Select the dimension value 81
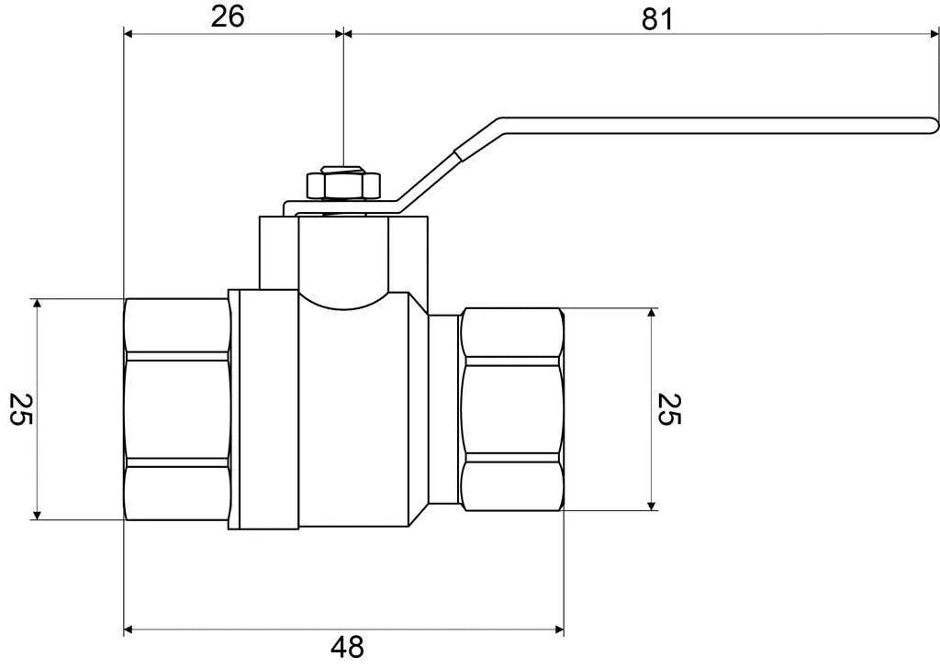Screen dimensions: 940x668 tap(657, 20)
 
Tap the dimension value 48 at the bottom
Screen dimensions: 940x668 tap(347, 647)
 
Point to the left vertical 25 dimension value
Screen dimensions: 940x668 tap(21, 409)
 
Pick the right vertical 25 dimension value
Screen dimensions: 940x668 tap(669, 409)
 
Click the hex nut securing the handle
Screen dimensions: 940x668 tap(343, 185)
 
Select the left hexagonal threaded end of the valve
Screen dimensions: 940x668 tap(176, 409)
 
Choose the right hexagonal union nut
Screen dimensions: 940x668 tap(511, 409)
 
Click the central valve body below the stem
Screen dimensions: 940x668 tap(353, 414)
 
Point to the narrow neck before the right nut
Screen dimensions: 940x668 tap(444, 409)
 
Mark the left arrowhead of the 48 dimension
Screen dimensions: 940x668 tap(129, 629)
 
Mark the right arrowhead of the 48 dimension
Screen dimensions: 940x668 tap(559, 629)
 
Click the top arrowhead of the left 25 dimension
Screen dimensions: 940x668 tap(37, 303)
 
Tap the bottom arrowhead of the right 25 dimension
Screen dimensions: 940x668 tap(653, 506)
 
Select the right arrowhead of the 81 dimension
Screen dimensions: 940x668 tap(934, 34)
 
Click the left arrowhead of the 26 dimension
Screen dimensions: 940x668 tap(129, 34)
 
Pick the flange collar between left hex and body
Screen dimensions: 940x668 tap(263, 410)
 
